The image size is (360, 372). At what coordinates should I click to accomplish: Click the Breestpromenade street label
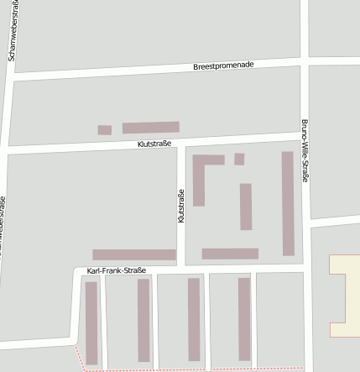pos(222,65)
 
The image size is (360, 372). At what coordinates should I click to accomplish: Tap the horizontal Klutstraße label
pos(154,144)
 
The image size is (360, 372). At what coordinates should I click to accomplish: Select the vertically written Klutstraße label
pos(180,206)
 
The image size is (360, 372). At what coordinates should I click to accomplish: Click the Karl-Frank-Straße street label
pos(117,270)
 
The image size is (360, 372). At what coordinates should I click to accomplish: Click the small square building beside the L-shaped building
pos(239,159)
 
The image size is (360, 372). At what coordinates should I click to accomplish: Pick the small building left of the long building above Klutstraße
pos(105,130)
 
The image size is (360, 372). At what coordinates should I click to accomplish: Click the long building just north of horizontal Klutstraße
pos(150,128)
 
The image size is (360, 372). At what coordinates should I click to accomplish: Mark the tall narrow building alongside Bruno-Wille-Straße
pos(288,203)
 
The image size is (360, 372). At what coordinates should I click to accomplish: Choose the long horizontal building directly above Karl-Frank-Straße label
pos(134,254)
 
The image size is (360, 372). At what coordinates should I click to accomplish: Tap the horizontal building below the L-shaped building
pos(230,254)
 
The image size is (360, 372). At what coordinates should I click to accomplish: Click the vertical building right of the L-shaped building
pos(246,207)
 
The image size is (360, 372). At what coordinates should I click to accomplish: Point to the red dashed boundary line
pos(193,369)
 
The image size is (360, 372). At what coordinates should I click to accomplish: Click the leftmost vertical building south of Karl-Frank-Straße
pos(91,322)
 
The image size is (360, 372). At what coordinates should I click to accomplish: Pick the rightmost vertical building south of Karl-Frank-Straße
pos(244,319)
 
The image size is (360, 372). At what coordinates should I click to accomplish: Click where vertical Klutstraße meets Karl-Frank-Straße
pos(180,266)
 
